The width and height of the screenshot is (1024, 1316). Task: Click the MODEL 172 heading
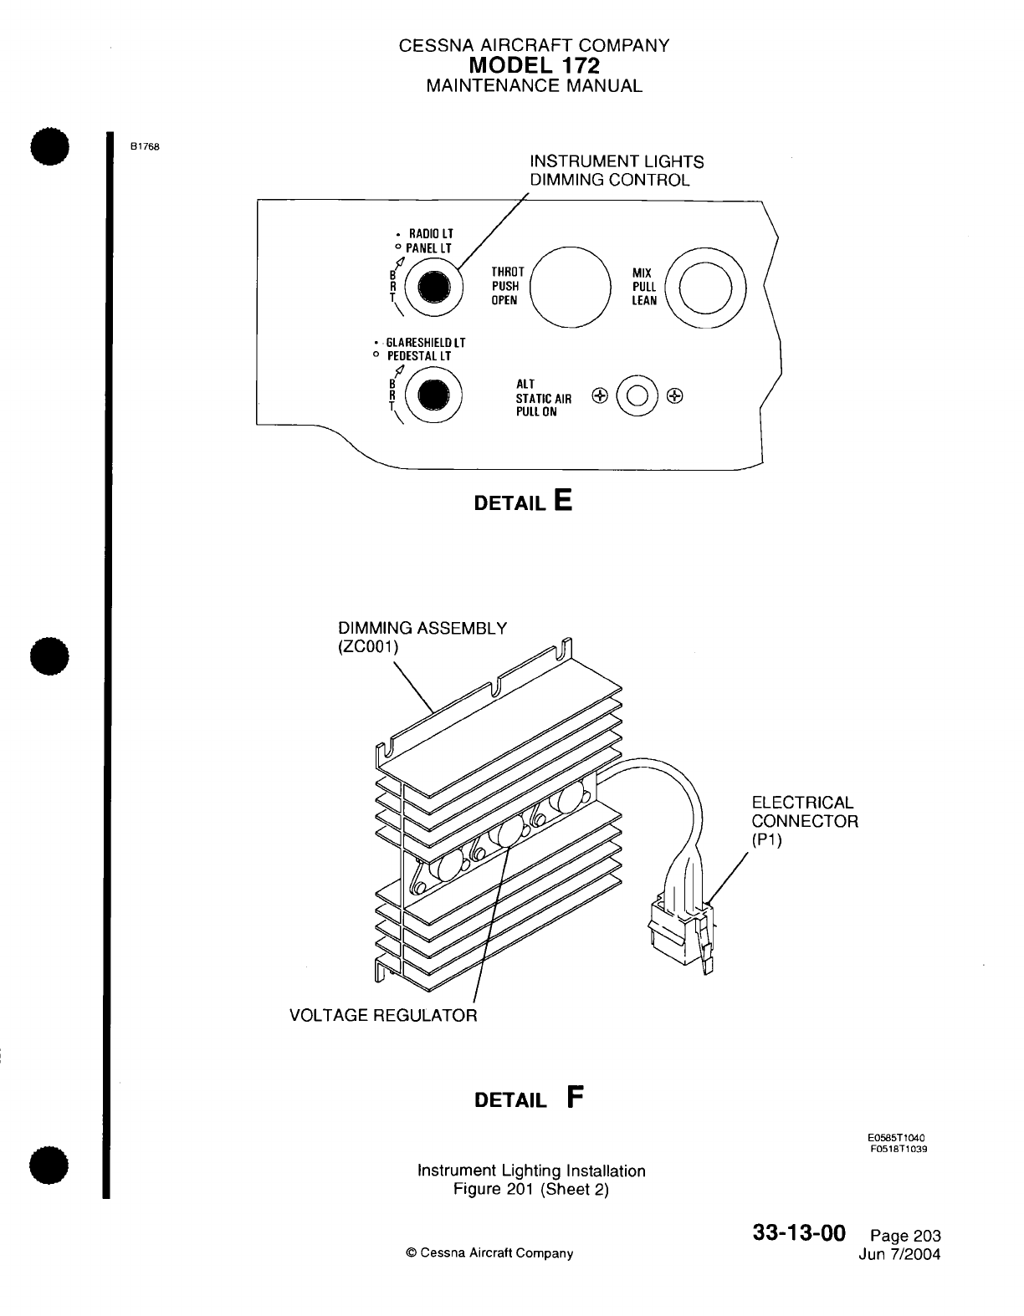point(534,65)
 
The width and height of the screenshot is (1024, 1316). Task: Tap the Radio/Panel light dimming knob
point(434,286)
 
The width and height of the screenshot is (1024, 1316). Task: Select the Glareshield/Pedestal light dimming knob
point(433,395)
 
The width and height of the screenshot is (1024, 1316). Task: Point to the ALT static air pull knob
point(636,395)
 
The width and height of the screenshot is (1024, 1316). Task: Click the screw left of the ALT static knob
point(598,395)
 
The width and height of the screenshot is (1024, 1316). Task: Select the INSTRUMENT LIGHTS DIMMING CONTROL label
point(617,171)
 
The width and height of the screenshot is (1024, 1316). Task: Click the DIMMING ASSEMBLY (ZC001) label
point(422,637)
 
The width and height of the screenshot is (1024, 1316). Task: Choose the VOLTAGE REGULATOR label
point(383,1016)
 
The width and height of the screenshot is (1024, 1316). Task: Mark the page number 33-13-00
point(799,1234)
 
